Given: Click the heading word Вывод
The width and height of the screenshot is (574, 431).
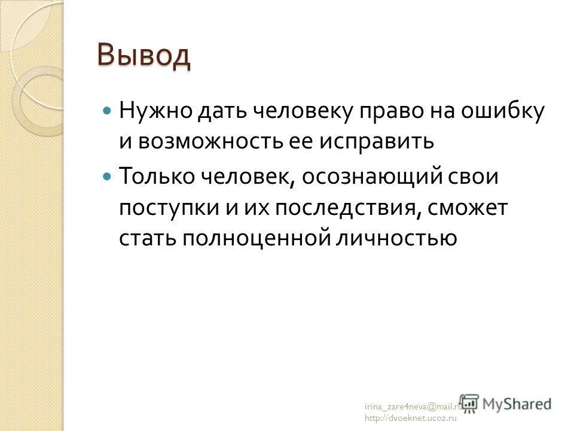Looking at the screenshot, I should pos(143,56).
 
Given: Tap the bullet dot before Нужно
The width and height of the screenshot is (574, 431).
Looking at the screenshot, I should pos(107,111).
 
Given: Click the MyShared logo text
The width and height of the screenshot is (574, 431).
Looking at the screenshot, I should pos(517,404).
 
